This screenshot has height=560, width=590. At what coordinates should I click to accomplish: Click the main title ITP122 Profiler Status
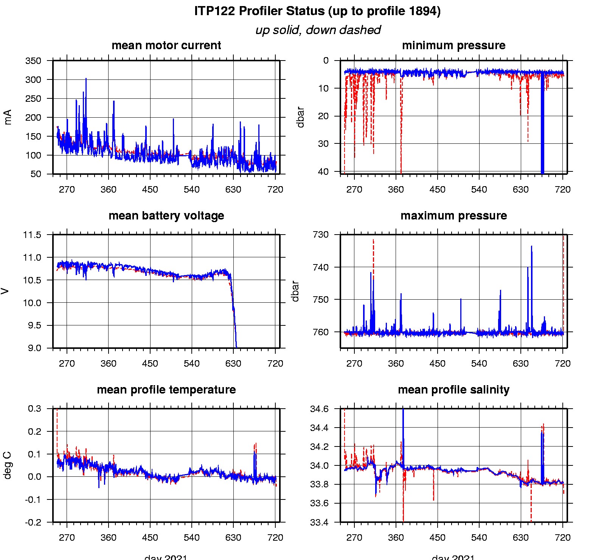[x=317, y=11]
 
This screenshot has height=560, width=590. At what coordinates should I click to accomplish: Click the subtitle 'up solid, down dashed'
[x=318, y=30]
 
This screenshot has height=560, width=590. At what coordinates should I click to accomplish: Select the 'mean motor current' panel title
[x=166, y=45]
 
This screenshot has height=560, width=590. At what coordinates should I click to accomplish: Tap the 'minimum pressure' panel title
[x=453, y=45]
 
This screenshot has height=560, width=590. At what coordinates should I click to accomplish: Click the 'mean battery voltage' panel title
[x=166, y=216]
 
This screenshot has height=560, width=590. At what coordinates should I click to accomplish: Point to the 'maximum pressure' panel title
[x=453, y=216]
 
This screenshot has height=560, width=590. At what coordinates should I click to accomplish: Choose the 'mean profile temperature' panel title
[x=166, y=390]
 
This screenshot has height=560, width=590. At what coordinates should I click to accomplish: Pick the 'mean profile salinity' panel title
[x=453, y=390]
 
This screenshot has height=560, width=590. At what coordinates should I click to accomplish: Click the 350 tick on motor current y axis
[x=33, y=61]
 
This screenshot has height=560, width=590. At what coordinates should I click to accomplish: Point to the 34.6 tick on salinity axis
[x=319, y=409]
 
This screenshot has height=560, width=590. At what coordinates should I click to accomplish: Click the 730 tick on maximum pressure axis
[x=321, y=235]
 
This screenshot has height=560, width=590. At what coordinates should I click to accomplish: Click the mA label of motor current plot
[x=8, y=117]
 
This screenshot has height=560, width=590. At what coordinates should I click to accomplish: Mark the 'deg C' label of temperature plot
[x=8, y=465]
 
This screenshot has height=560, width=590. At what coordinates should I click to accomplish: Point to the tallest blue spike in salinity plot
[x=403, y=412]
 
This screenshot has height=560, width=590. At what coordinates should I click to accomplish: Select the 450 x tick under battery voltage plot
[x=150, y=364]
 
